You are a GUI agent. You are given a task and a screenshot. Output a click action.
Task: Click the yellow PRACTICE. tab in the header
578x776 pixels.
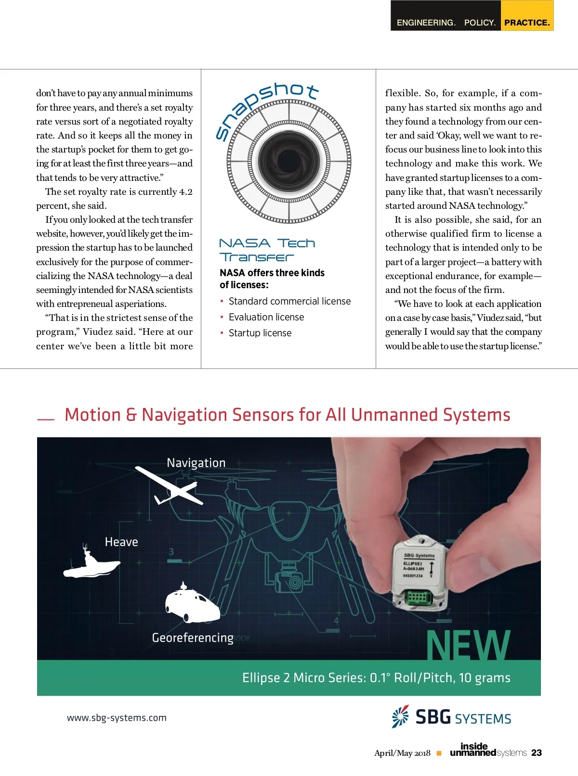pyautogui.click(x=527, y=22)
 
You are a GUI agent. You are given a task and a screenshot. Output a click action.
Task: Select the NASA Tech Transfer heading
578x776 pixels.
pyautogui.click(x=267, y=250)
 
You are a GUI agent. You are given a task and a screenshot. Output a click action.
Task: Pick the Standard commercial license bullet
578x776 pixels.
pyautogui.click(x=289, y=301)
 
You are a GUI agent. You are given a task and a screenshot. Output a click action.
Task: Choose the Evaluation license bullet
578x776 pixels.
pyautogui.click(x=266, y=317)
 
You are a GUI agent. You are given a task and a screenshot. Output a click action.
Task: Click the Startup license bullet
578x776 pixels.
pyautogui.click(x=260, y=333)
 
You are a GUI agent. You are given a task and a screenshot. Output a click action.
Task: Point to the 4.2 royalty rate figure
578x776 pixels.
pyautogui.click(x=185, y=192)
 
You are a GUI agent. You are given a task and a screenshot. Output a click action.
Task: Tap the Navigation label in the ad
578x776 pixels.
pyautogui.click(x=196, y=463)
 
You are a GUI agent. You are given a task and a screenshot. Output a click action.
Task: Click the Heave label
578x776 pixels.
pyautogui.click(x=121, y=542)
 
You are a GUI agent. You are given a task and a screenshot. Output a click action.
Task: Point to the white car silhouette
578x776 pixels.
pyautogui.click(x=192, y=603)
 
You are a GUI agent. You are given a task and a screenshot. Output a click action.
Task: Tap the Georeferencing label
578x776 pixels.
pyautogui.click(x=193, y=638)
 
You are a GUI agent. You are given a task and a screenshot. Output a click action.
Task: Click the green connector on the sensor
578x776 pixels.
pyautogui.click(x=417, y=598)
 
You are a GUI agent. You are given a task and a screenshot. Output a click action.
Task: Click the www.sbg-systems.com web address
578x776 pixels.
pyautogui.click(x=117, y=718)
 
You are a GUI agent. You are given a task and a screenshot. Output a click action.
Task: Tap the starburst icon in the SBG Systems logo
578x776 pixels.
pyautogui.click(x=400, y=716)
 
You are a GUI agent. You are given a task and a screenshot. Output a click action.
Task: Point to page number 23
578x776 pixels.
pyautogui.click(x=537, y=753)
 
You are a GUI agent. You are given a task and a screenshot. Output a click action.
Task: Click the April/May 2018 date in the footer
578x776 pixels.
pyautogui.click(x=402, y=753)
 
